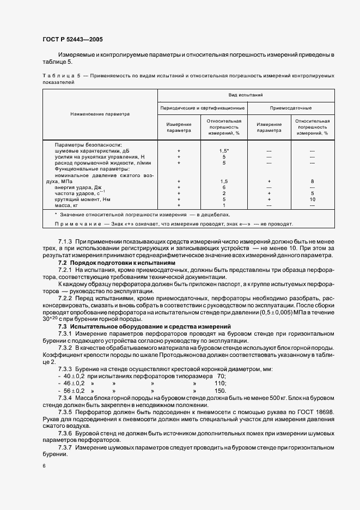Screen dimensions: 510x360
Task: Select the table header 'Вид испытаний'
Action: pyautogui.click(x=245, y=95)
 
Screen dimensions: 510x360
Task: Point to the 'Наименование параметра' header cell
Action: pyautogui.click(x=100, y=114)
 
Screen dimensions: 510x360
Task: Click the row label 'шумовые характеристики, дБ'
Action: pyautogui.click(x=92, y=150)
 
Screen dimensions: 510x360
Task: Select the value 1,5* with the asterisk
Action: pyautogui.click(x=224, y=150)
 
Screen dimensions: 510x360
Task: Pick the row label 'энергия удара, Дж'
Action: pyautogui.click(x=78, y=187)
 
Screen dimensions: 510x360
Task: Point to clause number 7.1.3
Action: pyautogui.click(x=65, y=241)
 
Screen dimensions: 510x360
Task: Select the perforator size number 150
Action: pyautogui.click(x=220, y=391)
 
